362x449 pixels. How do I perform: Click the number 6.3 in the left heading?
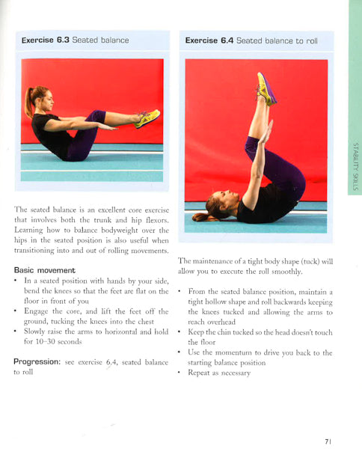(63, 40)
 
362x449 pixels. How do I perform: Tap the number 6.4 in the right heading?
(227, 40)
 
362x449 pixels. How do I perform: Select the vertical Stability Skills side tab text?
(356, 166)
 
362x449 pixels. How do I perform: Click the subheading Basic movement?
(44, 270)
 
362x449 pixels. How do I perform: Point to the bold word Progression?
(37, 362)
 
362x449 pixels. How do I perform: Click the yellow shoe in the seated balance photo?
(147, 118)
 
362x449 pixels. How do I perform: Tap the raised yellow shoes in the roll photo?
(266, 89)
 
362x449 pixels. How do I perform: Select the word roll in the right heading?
(312, 41)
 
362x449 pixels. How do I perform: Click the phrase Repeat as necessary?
(219, 373)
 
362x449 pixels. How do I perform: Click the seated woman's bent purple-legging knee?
(99, 115)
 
